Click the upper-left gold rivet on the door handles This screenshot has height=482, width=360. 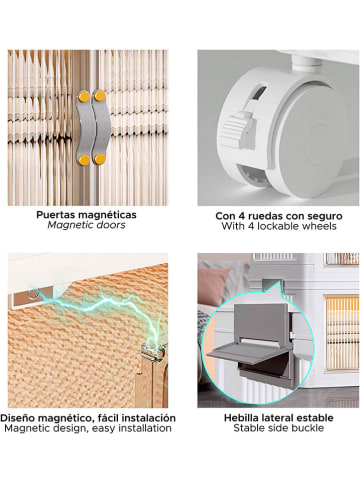pyautogui.click(x=84, y=97)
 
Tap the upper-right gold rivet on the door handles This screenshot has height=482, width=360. pyautogui.click(x=100, y=96)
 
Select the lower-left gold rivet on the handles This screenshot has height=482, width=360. pyautogui.click(x=84, y=160)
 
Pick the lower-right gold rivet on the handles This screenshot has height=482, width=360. pyautogui.click(x=99, y=159)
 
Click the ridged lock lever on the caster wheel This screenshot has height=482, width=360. pyautogui.click(x=239, y=128)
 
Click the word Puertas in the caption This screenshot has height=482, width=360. pyautogui.click(x=53, y=215)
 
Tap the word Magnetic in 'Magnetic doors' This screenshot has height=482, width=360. pyautogui.click(x=67, y=225)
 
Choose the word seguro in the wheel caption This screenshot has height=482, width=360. pyautogui.click(x=326, y=216)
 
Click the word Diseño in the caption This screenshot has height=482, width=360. pyautogui.click(x=18, y=418)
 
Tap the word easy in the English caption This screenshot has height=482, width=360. pyautogui.click(x=102, y=429)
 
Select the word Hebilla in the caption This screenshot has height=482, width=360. pyautogui.click(x=240, y=418)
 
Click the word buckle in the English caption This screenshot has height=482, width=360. pyautogui.click(x=308, y=428)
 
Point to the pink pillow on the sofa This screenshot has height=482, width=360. pyautogui.click(x=214, y=286)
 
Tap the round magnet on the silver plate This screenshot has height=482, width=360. pyautogui.click(x=32, y=294)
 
